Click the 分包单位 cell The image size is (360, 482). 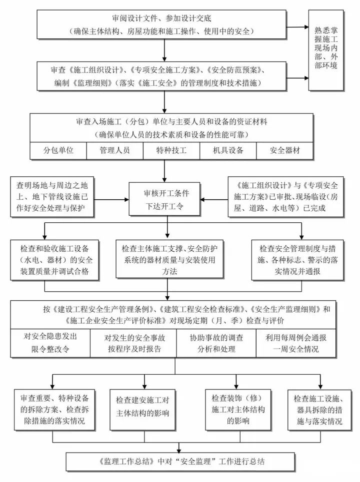click(x=58, y=150)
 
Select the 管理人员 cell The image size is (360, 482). click(x=115, y=150)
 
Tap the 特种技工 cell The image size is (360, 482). click(x=171, y=150)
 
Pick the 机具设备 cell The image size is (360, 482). click(x=228, y=150)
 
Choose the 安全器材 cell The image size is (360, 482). click(x=284, y=150)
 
